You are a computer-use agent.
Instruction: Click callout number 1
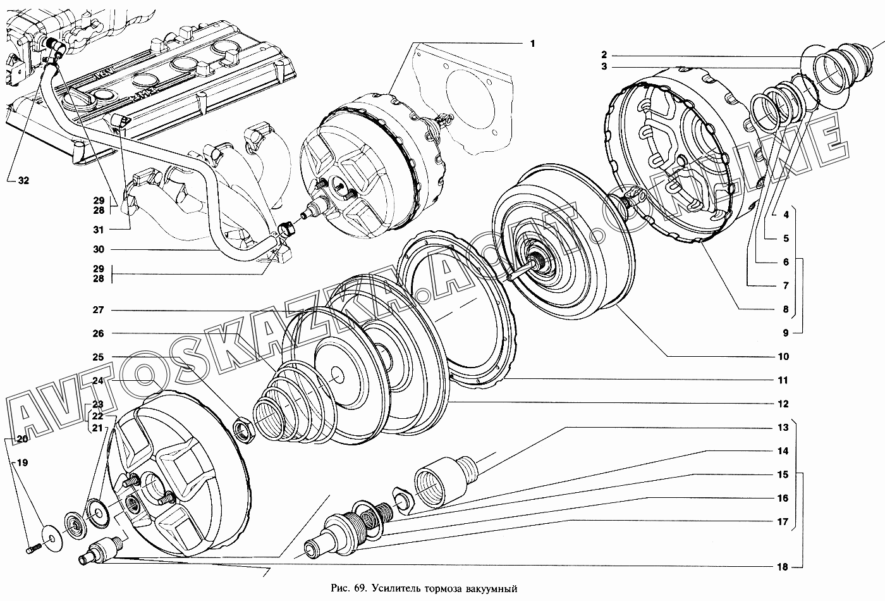tap(532, 44)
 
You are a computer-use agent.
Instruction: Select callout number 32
tap(23, 180)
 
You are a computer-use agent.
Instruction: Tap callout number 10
tap(783, 357)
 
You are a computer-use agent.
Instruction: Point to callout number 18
tap(783, 567)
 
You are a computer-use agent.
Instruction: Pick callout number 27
tap(98, 310)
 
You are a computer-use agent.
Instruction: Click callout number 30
tap(98, 249)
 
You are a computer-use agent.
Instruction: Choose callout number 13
tap(783, 428)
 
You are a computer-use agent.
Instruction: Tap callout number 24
tap(98, 381)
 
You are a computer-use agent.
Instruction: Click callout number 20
tap(22, 439)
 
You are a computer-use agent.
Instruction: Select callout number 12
tap(783, 404)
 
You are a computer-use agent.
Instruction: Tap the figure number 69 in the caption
tap(358, 588)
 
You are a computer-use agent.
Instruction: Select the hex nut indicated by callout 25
tap(243, 430)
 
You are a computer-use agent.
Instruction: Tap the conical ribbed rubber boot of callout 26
tap(284, 405)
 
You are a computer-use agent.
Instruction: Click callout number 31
tap(98, 229)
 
